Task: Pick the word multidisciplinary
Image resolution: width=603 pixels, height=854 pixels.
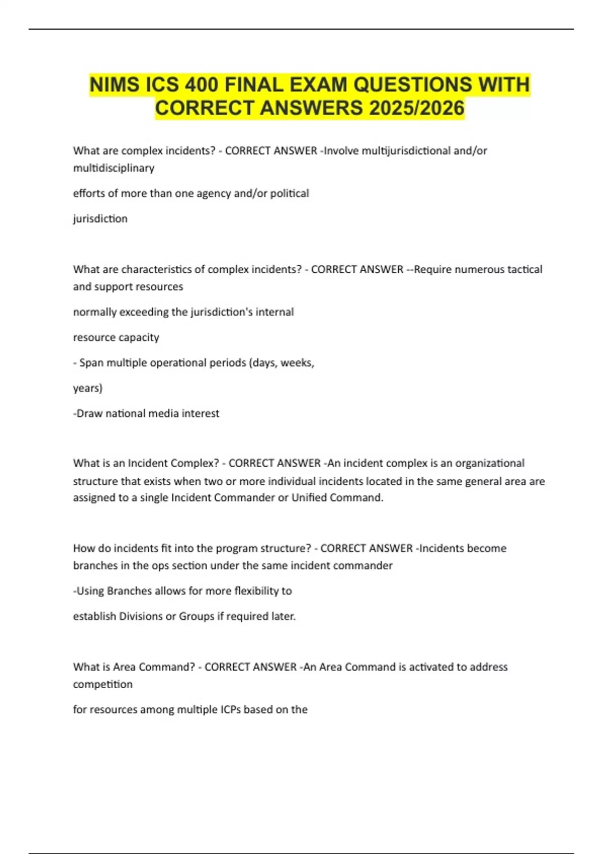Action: [x=114, y=168]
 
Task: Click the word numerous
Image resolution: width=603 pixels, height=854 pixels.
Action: [x=473, y=269]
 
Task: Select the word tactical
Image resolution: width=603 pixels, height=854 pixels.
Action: [x=525, y=269]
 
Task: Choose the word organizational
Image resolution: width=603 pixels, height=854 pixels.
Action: [x=490, y=463]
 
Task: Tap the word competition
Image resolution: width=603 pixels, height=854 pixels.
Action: [x=103, y=684]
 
